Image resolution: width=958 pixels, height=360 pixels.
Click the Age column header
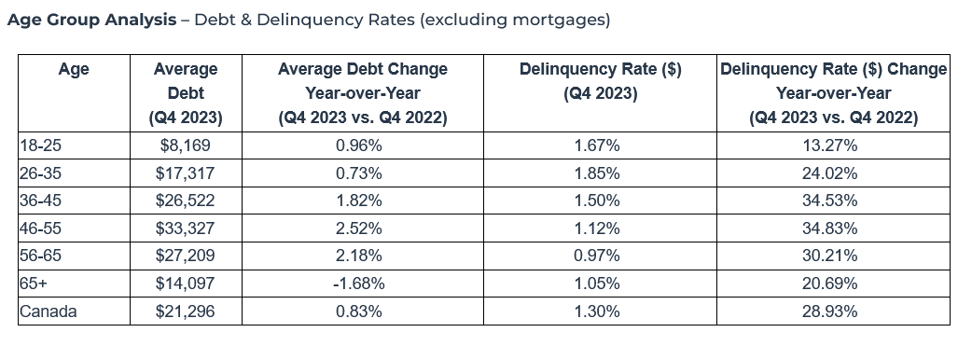[74, 69]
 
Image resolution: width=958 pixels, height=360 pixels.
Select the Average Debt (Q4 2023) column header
[185, 93]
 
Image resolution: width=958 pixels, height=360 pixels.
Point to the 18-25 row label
[38, 145]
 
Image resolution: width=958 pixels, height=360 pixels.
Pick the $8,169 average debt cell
[185, 145]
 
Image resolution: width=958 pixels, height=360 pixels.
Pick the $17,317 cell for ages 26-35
[185, 173]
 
